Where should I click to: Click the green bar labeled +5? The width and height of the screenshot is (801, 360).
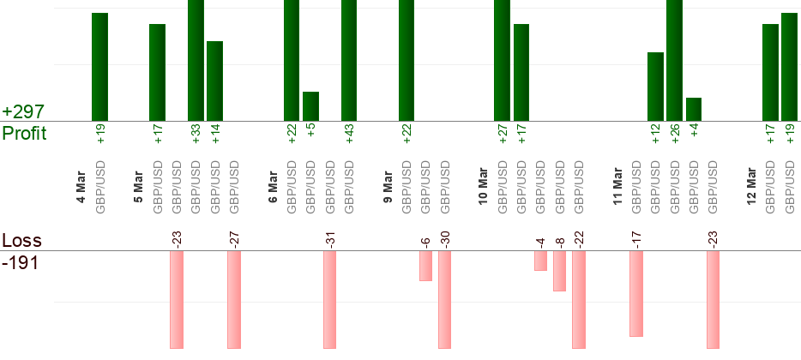(310, 106)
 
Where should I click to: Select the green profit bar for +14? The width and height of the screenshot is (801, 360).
(214, 81)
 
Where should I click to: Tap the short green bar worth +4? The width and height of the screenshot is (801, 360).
(694, 110)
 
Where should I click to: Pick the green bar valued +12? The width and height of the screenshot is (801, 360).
(655, 87)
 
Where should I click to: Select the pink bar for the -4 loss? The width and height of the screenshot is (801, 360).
(540, 261)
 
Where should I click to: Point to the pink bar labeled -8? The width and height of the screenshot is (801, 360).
(559, 271)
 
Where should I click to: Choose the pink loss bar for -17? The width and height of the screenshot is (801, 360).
(636, 294)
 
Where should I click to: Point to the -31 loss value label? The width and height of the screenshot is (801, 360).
(329, 237)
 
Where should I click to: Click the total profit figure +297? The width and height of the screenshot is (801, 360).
(23, 112)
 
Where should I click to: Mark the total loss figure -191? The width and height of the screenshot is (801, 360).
(21, 262)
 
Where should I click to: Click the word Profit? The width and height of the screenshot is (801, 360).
(24, 134)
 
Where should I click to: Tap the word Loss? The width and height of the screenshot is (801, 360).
(21, 240)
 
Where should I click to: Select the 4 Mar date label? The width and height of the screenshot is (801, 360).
(81, 189)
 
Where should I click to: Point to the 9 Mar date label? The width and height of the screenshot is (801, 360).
(388, 189)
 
